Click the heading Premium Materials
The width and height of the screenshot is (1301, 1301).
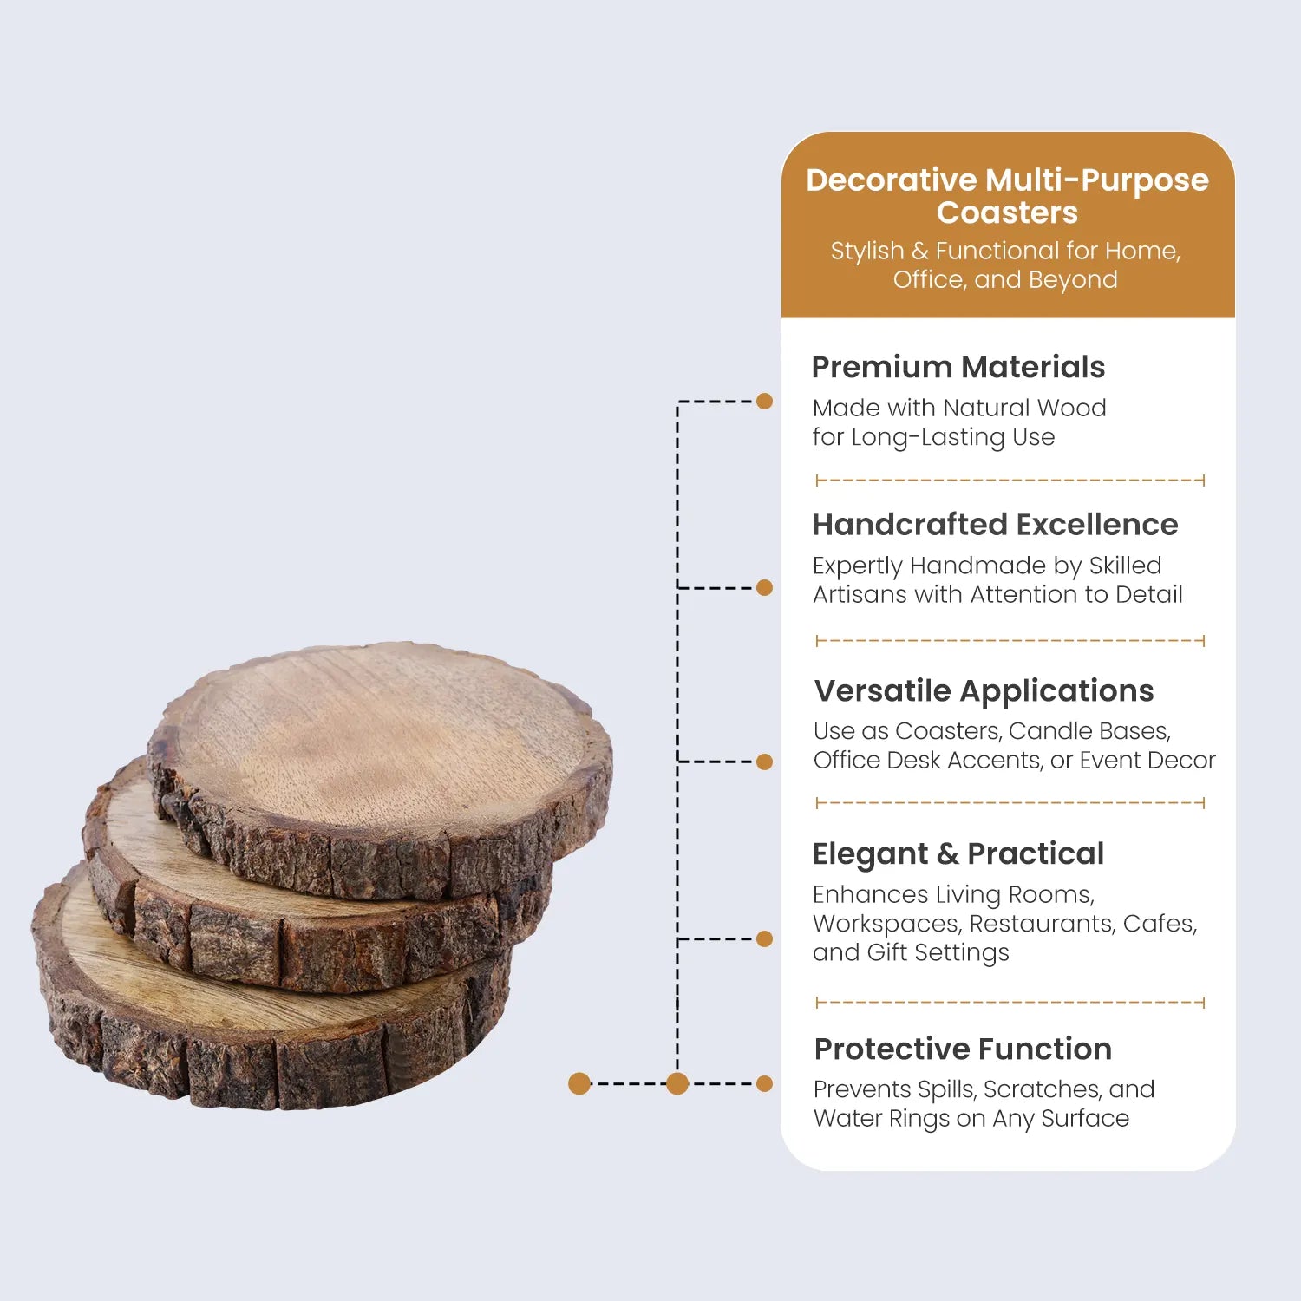click(958, 367)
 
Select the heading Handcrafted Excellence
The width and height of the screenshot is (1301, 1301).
click(995, 525)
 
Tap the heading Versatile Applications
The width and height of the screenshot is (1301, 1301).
click(984, 691)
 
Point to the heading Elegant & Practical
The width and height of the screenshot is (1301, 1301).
click(958, 854)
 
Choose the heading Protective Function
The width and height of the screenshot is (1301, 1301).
click(963, 1049)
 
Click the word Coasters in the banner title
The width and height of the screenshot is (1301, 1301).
click(1007, 212)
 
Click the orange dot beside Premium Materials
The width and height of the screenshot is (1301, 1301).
click(764, 401)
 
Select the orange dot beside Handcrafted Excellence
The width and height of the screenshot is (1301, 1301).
click(764, 587)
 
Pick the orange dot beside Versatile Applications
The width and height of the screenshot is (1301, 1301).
click(764, 762)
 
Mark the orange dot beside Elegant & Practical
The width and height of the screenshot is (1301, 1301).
click(764, 938)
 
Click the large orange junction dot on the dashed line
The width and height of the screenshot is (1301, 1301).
click(677, 1083)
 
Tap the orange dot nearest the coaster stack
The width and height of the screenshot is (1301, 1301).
click(579, 1083)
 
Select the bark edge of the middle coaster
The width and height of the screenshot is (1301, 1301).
click(304, 945)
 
